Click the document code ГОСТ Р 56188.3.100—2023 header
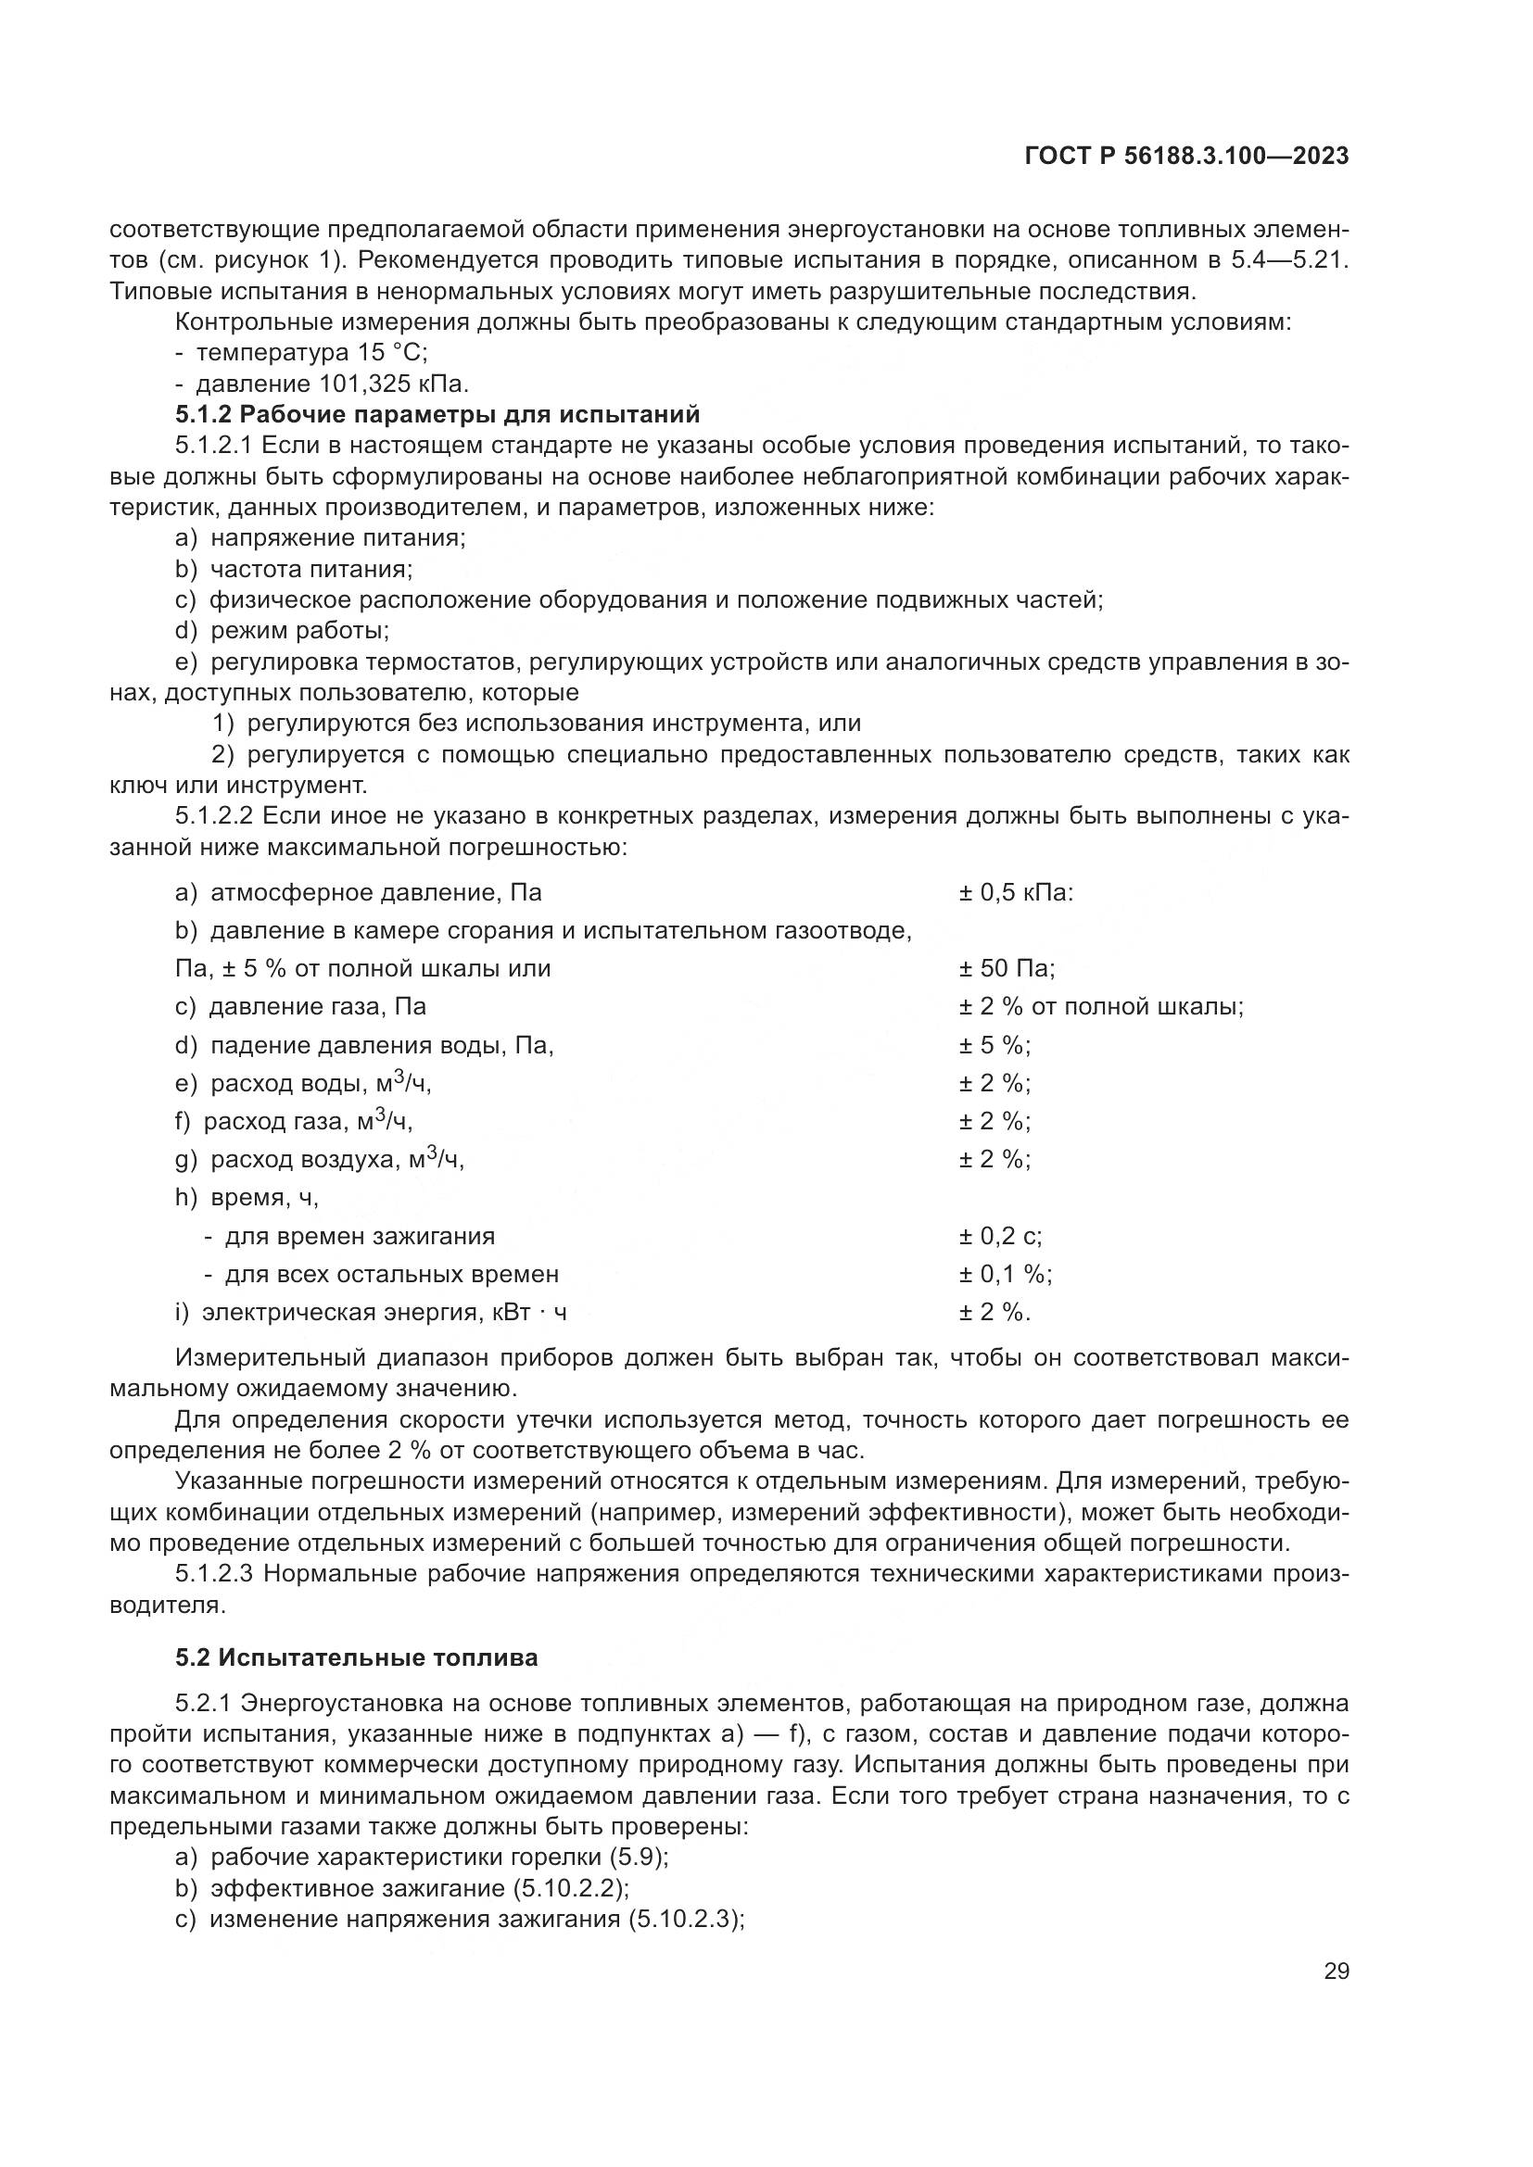pos(1185,157)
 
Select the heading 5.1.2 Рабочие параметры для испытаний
pos(437,414)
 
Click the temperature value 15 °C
pos(393,353)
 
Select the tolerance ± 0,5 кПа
pos(1016,892)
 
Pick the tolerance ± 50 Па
pos(1007,968)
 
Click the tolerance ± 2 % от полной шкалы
pos(1101,1006)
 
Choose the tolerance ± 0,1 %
pos(1005,1274)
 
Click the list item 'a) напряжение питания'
pos(321,538)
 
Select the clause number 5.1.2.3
pos(216,1573)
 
